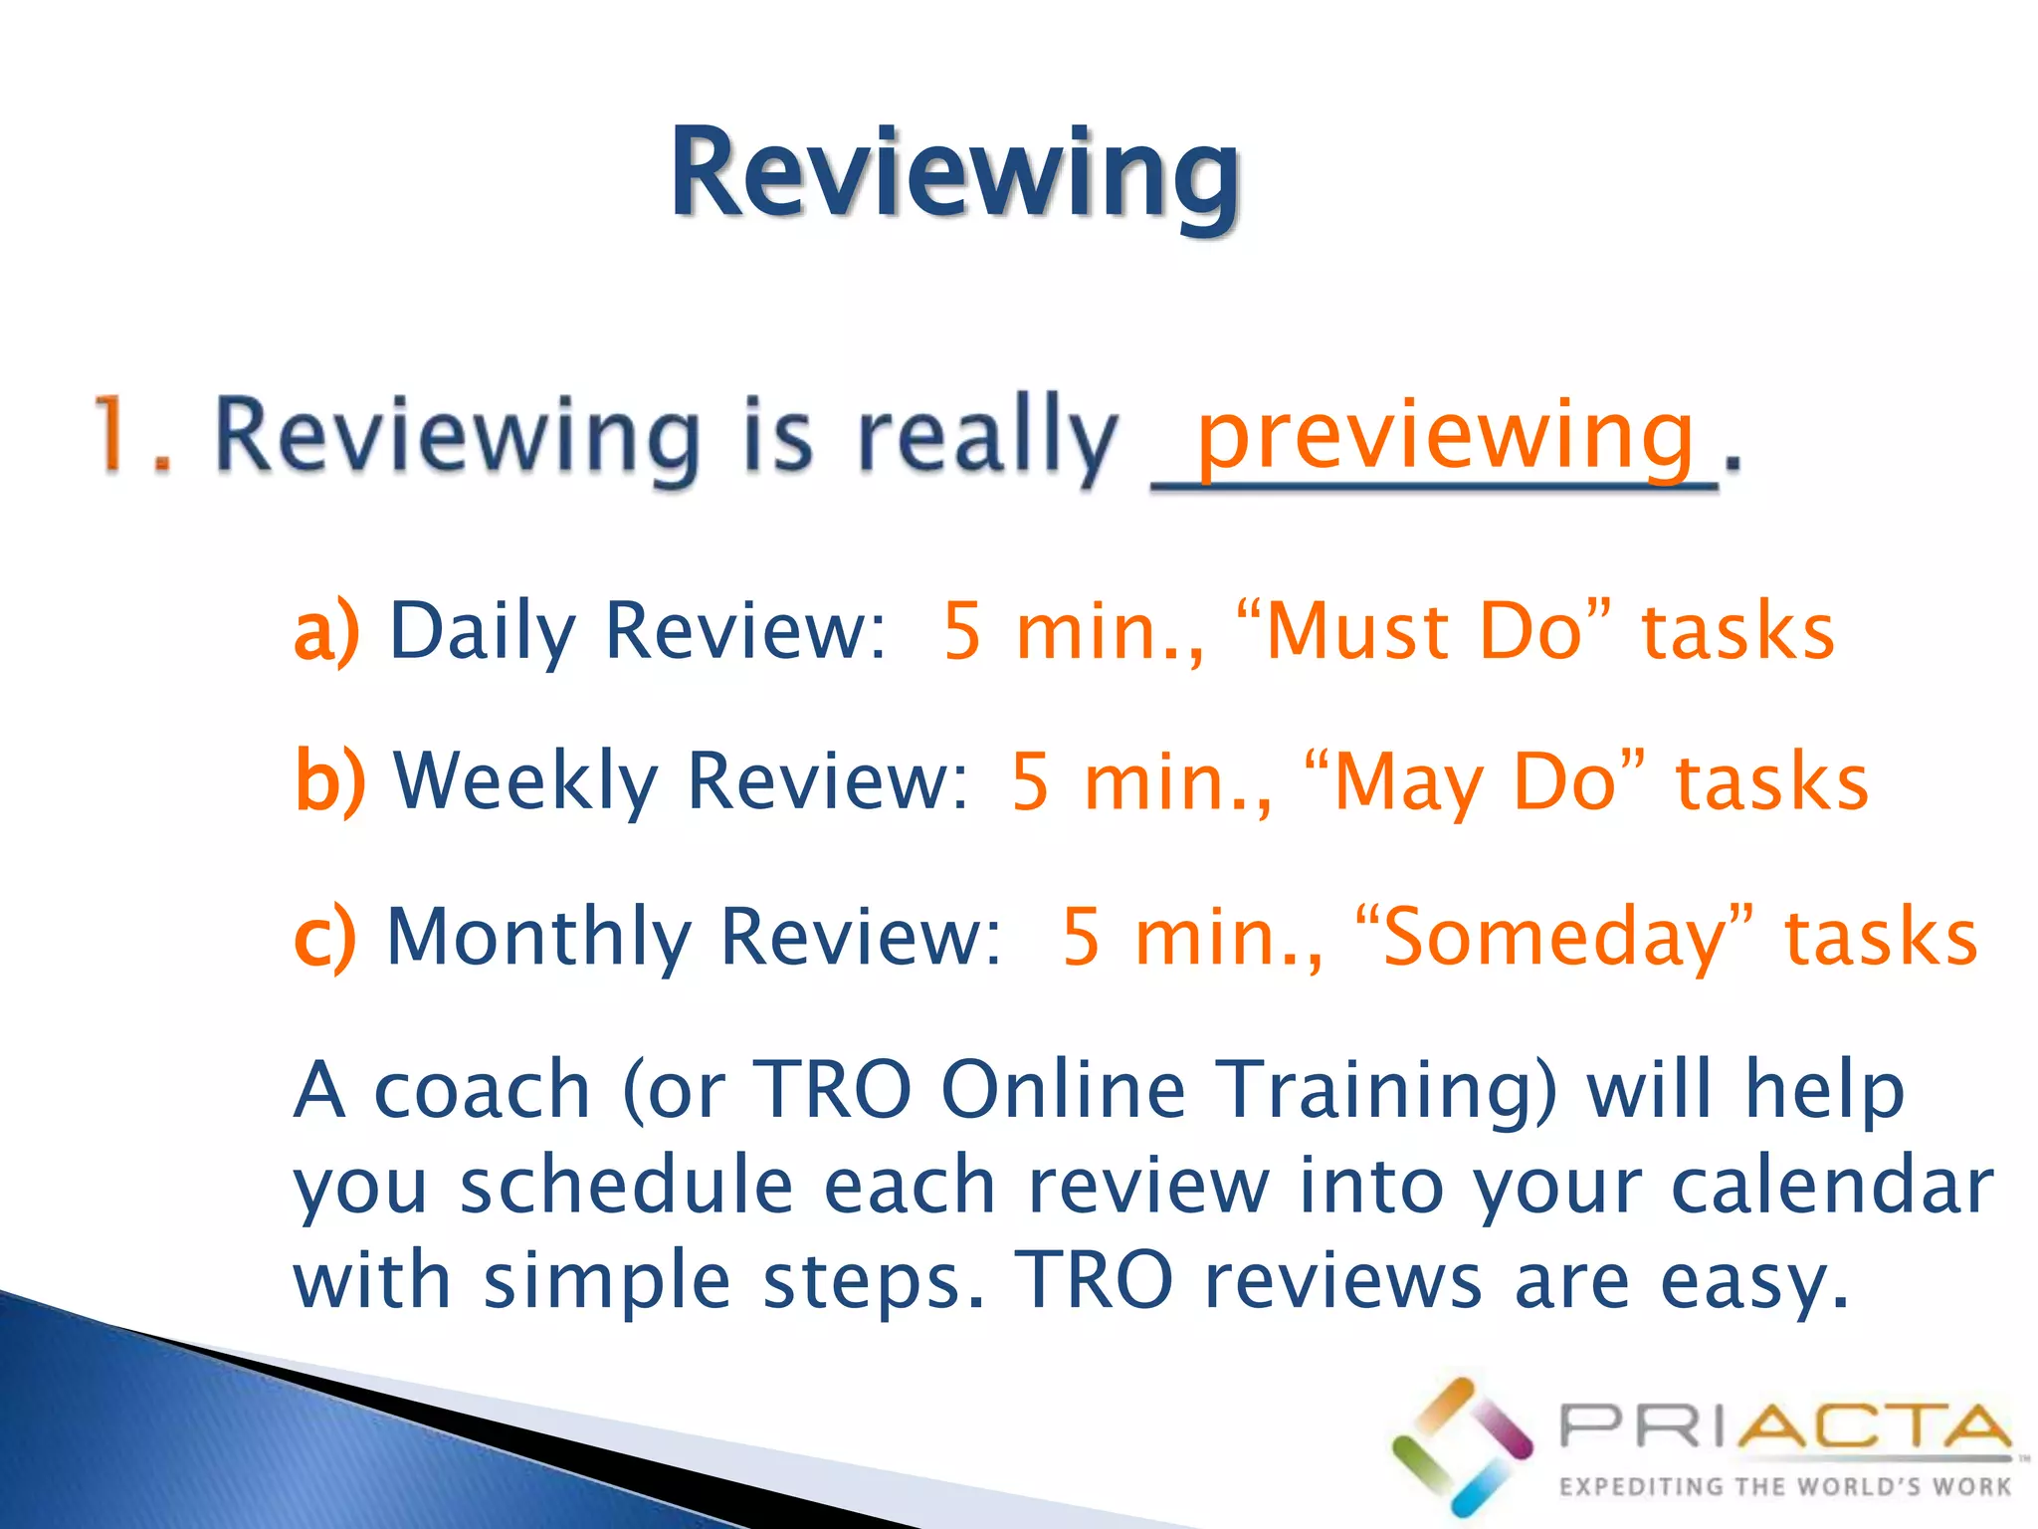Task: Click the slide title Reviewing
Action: coord(955,174)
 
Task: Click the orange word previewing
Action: coord(1445,438)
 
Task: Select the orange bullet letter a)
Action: coord(325,631)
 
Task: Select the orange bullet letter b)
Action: coord(329,781)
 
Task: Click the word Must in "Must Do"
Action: coord(1357,631)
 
